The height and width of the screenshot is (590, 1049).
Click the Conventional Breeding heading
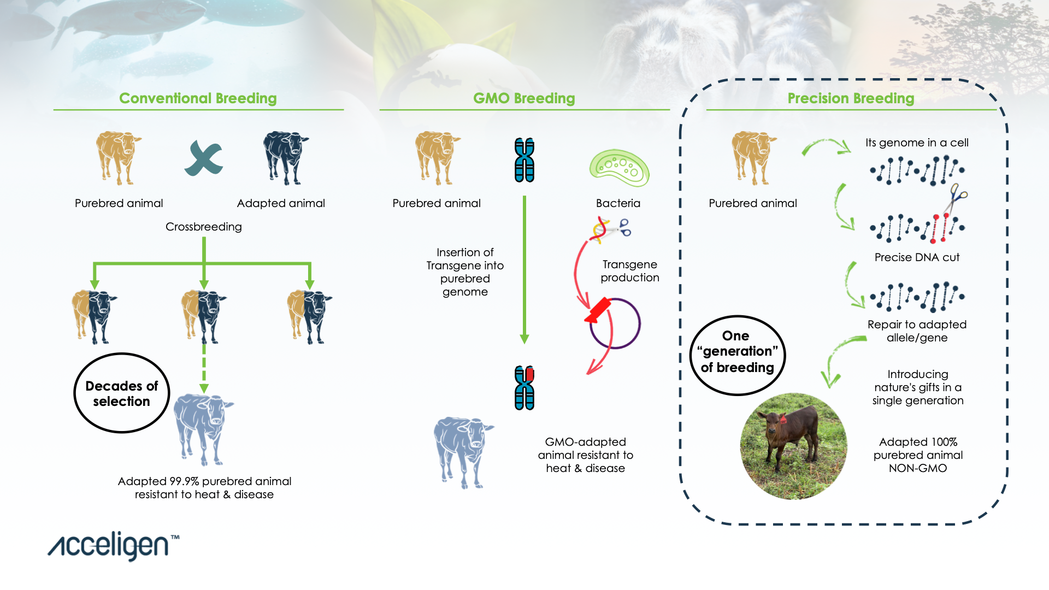coord(198,98)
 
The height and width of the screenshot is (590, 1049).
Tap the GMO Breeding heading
coord(524,98)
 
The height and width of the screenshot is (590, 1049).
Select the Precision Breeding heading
coord(851,98)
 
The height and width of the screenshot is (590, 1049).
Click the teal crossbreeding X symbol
coord(204,158)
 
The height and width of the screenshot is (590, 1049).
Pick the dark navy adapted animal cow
coord(286,158)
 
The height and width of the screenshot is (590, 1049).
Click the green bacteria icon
coord(619,168)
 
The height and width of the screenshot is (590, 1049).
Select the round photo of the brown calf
coord(793,446)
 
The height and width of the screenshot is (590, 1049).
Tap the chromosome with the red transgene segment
coord(524,388)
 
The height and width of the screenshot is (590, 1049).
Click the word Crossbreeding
coord(204,227)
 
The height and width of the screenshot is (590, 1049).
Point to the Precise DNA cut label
coord(917,257)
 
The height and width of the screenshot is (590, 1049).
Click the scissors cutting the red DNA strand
coord(956,199)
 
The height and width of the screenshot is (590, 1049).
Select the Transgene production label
coord(630,271)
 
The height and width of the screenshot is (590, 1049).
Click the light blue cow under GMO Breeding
coord(464,452)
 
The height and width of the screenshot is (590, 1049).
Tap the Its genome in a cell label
coord(917,143)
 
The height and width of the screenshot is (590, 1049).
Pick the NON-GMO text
coord(918,468)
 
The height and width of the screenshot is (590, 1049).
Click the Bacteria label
coord(618,203)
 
